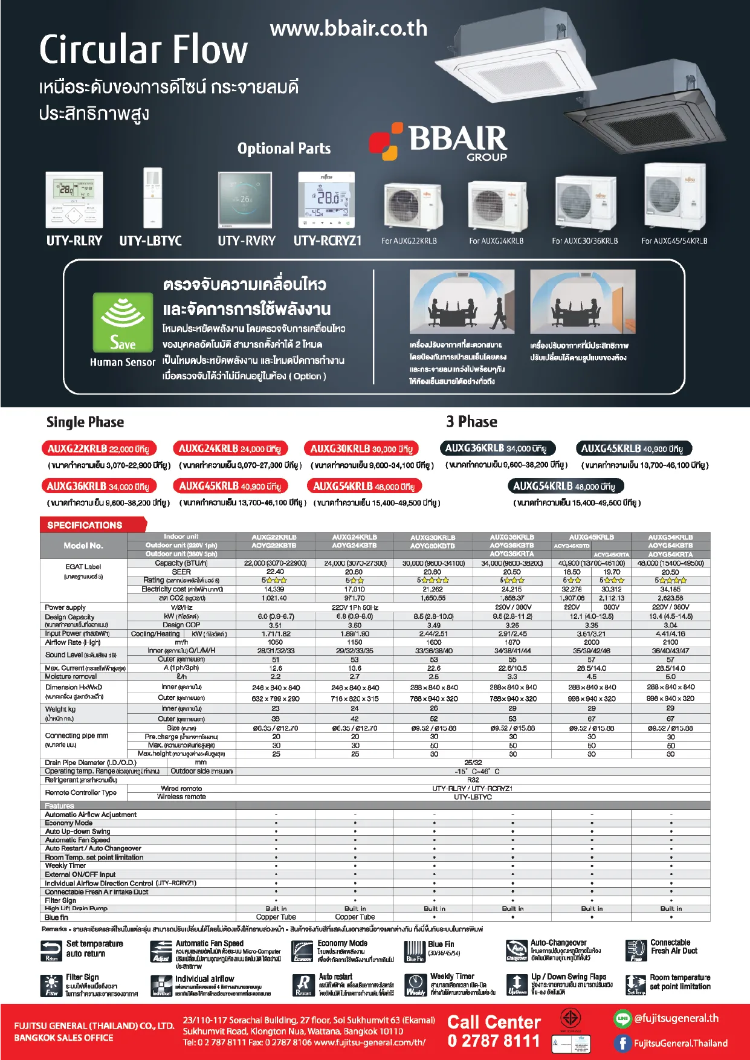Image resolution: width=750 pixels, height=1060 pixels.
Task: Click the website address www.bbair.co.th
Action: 349,28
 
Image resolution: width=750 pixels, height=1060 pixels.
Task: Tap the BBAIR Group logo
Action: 439,141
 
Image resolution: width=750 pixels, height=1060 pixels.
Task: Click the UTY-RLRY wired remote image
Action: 74,200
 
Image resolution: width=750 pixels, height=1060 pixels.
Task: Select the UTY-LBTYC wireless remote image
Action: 153,198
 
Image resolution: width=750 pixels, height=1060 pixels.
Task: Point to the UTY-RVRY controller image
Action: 245,200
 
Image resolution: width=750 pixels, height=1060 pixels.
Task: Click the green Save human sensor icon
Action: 123,322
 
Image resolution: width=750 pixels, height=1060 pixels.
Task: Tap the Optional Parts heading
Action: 284,149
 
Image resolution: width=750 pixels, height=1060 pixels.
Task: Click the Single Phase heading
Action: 85,422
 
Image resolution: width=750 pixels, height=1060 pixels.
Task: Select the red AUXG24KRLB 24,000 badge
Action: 230,448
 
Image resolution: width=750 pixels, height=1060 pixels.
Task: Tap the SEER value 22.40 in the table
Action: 275,572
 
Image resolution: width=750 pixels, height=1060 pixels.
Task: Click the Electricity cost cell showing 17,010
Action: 355,589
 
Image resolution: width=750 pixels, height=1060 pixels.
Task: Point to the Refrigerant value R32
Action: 473,780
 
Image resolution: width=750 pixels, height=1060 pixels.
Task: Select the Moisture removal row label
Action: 70,677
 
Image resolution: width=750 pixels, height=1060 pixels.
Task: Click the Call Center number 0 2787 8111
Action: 493,1041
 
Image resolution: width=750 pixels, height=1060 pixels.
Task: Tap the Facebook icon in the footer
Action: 622,1043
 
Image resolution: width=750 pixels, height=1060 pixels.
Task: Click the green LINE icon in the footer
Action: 622,1019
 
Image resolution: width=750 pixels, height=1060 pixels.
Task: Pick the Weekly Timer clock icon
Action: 415,984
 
